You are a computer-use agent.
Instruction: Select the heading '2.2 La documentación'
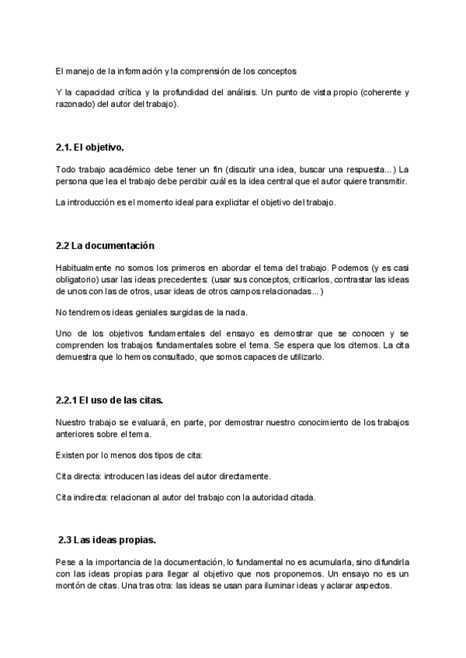105,246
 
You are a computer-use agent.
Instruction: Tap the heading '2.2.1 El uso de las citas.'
109,400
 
